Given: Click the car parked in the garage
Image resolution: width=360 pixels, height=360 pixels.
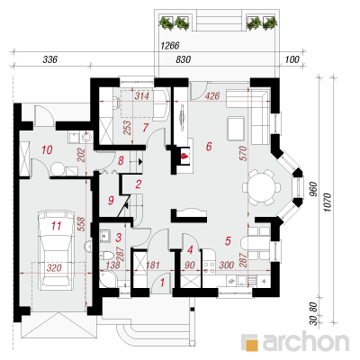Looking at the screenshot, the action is (x=56, y=250).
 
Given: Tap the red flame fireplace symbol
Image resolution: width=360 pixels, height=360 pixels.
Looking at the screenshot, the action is (x=184, y=157).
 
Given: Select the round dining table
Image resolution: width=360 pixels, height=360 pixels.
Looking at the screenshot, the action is (x=261, y=188).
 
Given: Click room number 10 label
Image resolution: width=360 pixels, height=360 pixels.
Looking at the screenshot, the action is (x=47, y=149).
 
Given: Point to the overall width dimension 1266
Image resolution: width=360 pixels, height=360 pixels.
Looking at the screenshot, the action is (x=170, y=46).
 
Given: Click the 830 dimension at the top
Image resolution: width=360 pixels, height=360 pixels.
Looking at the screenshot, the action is (x=183, y=59).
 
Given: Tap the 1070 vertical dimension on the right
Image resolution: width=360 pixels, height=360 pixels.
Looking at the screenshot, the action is (x=328, y=202).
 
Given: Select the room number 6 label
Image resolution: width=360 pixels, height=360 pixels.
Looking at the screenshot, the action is (x=209, y=147).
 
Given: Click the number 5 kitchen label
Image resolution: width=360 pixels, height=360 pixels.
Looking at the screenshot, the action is (x=228, y=240).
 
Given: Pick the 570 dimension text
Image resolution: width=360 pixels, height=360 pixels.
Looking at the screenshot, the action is (x=243, y=153).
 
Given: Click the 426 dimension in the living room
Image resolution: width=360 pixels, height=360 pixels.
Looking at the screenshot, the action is (x=212, y=96).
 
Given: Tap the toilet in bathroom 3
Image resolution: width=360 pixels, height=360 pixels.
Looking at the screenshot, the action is (x=106, y=256).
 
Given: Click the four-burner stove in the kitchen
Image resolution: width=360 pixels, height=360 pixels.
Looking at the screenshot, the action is (x=209, y=267).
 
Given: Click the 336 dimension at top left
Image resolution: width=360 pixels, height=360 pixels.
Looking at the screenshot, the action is (x=49, y=59).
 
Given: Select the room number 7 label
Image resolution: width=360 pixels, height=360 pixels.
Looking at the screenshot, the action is (x=146, y=128).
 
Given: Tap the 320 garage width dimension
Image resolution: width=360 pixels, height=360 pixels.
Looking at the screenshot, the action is (x=54, y=268).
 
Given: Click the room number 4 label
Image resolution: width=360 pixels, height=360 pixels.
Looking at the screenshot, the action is (x=190, y=249).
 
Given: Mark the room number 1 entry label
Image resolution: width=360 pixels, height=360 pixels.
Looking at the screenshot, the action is (x=163, y=283).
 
